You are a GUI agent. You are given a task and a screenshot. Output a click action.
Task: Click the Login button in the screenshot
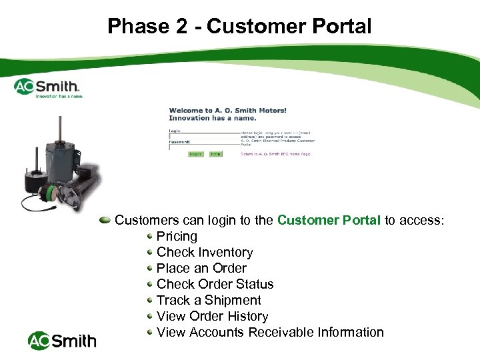click(x=195, y=154)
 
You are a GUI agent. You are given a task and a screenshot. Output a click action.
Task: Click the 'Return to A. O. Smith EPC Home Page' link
click(x=275, y=154)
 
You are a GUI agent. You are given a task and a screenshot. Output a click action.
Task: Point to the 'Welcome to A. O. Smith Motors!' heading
click(x=227, y=111)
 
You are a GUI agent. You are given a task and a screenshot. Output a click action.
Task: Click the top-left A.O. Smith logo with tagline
click(x=48, y=87)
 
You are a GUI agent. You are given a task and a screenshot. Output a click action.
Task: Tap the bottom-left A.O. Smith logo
click(x=62, y=341)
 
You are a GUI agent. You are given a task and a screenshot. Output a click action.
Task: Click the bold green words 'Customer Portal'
click(x=329, y=220)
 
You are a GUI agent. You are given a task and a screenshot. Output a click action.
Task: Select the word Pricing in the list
click(x=177, y=236)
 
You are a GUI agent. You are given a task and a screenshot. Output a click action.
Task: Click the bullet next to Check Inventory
click(x=150, y=252)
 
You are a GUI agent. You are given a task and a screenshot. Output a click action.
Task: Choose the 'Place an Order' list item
click(x=201, y=268)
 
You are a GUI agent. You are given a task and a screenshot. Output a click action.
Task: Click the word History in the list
click(x=247, y=316)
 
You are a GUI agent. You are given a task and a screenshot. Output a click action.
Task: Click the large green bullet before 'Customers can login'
click(x=105, y=220)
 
